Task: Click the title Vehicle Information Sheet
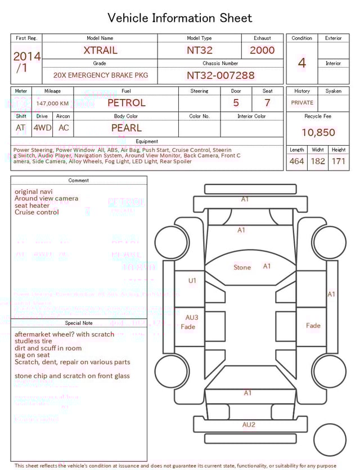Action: (x=179, y=18)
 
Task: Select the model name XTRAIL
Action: (x=100, y=50)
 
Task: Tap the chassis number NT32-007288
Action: (x=220, y=75)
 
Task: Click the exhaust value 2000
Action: (x=262, y=50)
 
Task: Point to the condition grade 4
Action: (x=302, y=62)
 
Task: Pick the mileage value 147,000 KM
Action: (x=52, y=104)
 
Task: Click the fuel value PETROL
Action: (x=126, y=103)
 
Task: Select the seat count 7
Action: (x=267, y=103)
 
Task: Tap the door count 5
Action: (x=236, y=103)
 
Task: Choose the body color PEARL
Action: (x=126, y=128)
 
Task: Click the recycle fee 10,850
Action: (x=318, y=133)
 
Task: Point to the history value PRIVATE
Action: (x=302, y=103)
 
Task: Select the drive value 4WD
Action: (x=42, y=128)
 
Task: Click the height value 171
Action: (x=339, y=161)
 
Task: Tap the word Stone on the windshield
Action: (x=242, y=267)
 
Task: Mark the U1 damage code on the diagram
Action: (x=192, y=280)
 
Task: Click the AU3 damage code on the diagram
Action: (x=192, y=317)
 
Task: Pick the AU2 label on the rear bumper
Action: (x=249, y=424)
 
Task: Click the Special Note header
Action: (x=79, y=323)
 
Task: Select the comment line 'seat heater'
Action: (x=32, y=205)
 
